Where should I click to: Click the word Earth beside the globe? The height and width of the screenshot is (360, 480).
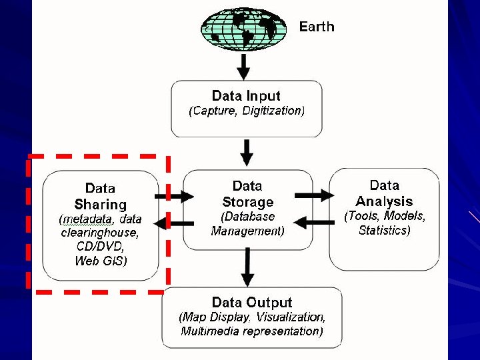click(x=317, y=27)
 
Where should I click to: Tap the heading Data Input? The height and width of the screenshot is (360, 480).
click(x=246, y=96)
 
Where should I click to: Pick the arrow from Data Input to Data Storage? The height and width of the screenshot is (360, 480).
click(x=247, y=153)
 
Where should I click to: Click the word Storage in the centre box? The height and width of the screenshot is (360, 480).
click(x=247, y=201)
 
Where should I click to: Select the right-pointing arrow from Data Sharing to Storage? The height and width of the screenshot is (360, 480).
click(x=173, y=196)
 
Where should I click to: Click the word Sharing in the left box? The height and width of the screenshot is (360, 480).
click(x=100, y=205)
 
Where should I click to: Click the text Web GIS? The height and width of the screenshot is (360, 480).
click(x=100, y=261)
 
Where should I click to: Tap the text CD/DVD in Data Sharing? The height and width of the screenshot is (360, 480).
click(x=100, y=247)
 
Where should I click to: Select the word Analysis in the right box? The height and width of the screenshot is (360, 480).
click(x=384, y=201)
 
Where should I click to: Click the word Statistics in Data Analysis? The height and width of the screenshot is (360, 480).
click(x=384, y=231)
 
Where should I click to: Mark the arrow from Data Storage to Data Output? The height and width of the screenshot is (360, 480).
click(x=247, y=267)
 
